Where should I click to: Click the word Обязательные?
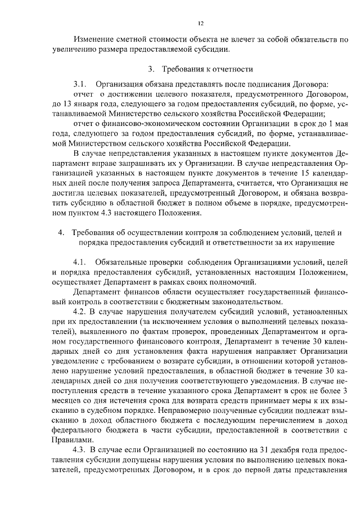click(123, 262)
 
